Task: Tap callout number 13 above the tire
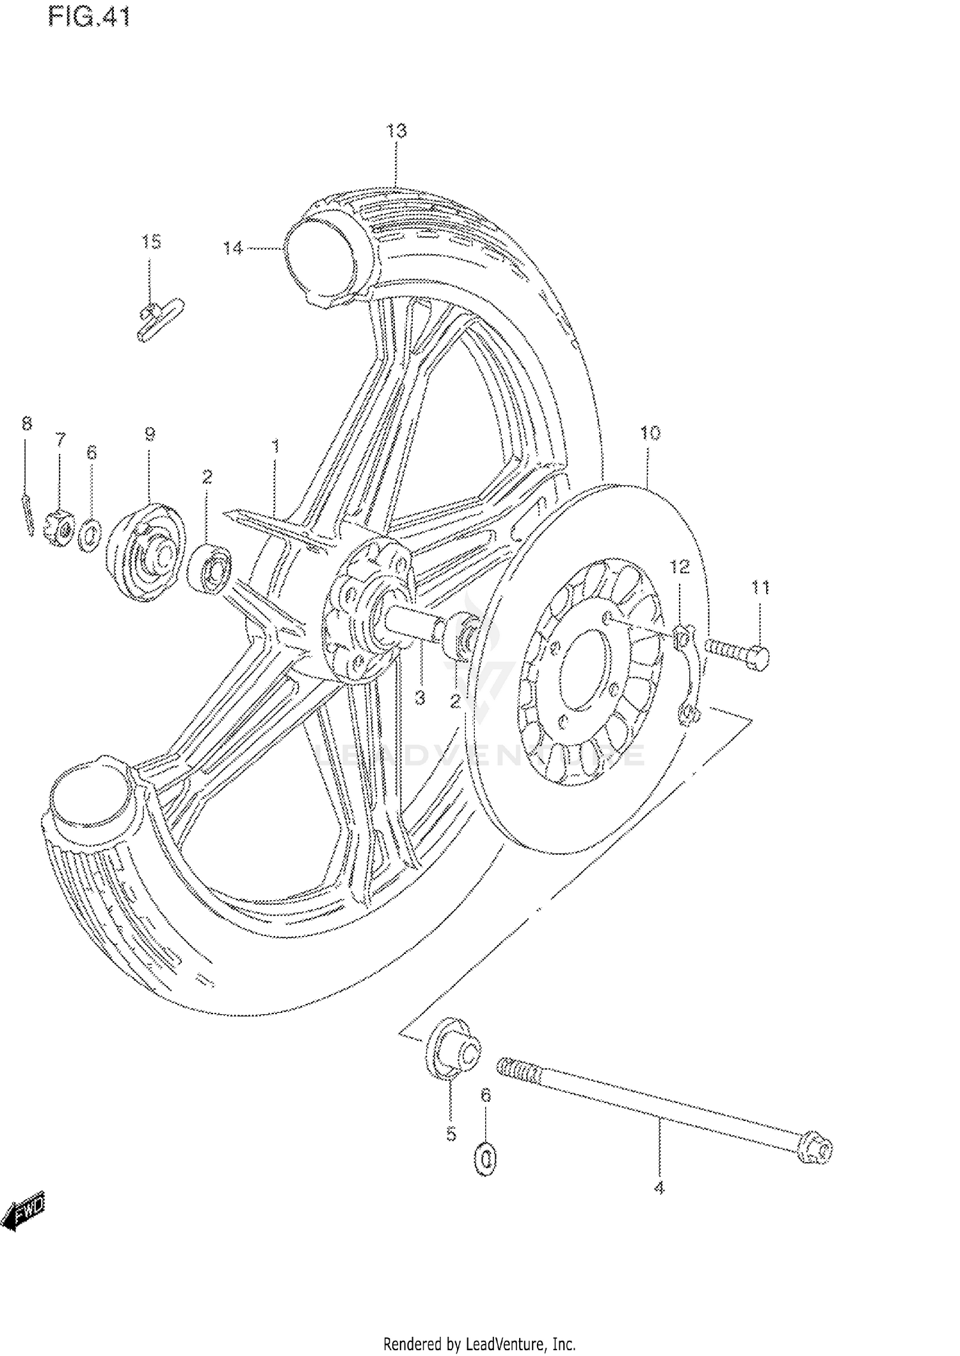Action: [396, 131]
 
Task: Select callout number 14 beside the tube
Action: [233, 247]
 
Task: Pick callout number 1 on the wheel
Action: [275, 446]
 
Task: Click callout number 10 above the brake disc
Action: [650, 433]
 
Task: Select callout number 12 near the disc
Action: [680, 567]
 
